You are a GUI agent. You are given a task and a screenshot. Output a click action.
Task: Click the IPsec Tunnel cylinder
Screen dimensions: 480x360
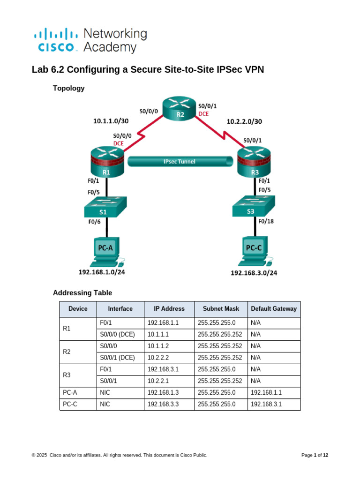[x=181, y=162]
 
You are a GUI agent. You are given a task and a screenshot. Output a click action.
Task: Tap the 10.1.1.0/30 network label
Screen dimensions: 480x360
[x=111, y=121]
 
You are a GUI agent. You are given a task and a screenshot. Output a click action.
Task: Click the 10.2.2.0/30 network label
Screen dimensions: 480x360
[x=245, y=121]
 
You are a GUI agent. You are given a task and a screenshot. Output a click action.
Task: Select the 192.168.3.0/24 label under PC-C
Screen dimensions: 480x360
[x=254, y=273]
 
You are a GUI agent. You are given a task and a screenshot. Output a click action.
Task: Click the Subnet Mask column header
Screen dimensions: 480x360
[x=221, y=309]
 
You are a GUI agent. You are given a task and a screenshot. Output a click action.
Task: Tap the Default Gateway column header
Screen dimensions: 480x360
[x=274, y=309]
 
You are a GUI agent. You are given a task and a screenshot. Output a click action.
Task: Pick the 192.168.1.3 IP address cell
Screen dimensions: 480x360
[x=163, y=392]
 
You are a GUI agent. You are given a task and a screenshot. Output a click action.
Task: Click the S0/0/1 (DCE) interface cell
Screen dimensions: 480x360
[x=117, y=358]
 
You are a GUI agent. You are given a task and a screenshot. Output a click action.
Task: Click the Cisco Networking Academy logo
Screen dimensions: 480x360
[x=90, y=40]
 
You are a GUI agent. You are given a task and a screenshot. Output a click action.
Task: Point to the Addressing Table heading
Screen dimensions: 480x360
[x=82, y=293]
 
